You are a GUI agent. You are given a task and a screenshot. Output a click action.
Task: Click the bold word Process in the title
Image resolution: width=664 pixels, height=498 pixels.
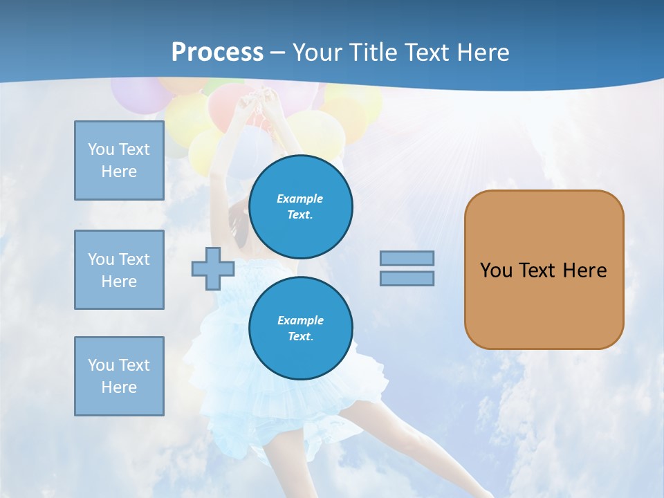pyautogui.click(x=217, y=52)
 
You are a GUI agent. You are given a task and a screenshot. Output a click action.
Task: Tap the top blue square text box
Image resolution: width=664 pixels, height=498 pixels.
pyautogui.click(x=119, y=160)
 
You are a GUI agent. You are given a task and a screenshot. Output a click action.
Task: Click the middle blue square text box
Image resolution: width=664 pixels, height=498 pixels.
pyautogui.click(x=119, y=270)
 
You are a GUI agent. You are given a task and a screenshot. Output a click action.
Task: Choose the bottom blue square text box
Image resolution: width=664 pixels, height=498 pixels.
pyautogui.click(x=119, y=376)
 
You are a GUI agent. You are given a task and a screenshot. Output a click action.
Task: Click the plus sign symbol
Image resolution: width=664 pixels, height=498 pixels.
pyautogui.click(x=212, y=269)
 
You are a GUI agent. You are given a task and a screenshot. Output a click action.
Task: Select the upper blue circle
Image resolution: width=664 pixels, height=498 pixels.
pyautogui.click(x=301, y=207)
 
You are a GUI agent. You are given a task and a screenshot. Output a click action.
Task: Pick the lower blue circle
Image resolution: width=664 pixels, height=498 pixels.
pyautogui.click(x=301, y=329)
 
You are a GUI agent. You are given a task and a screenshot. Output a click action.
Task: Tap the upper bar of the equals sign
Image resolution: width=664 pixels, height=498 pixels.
pyautogui.click(x=407, y=258)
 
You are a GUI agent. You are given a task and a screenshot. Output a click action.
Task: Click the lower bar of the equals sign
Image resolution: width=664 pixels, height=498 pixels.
pyautogui.click(x=407, y=278)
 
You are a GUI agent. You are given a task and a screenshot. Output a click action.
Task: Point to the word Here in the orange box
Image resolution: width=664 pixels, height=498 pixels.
pyautogui.click(x=584, y=270)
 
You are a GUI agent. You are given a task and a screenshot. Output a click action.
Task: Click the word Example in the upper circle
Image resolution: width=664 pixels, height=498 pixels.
pyautogui.click(x=300, y=199)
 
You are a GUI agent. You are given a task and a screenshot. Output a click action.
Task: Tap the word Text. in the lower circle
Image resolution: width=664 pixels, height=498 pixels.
pyautogui.click(x=300, y=337)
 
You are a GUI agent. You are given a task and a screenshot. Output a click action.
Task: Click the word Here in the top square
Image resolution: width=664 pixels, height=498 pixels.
pyautogui.click(x=119, y=172)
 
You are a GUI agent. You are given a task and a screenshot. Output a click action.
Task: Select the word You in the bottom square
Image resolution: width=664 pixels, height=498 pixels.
pyautogui.click(x=100, y=365)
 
